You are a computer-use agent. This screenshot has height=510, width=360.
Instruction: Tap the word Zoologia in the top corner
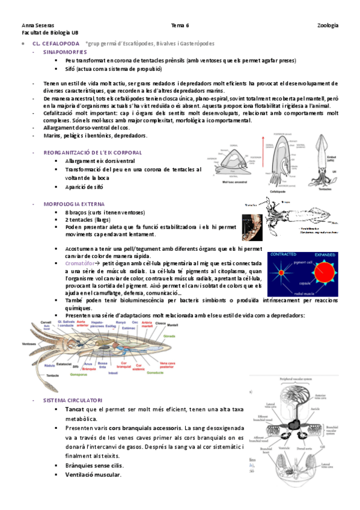click(328, 25)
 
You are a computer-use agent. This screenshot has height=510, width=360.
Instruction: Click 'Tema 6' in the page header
click(180, 25)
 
